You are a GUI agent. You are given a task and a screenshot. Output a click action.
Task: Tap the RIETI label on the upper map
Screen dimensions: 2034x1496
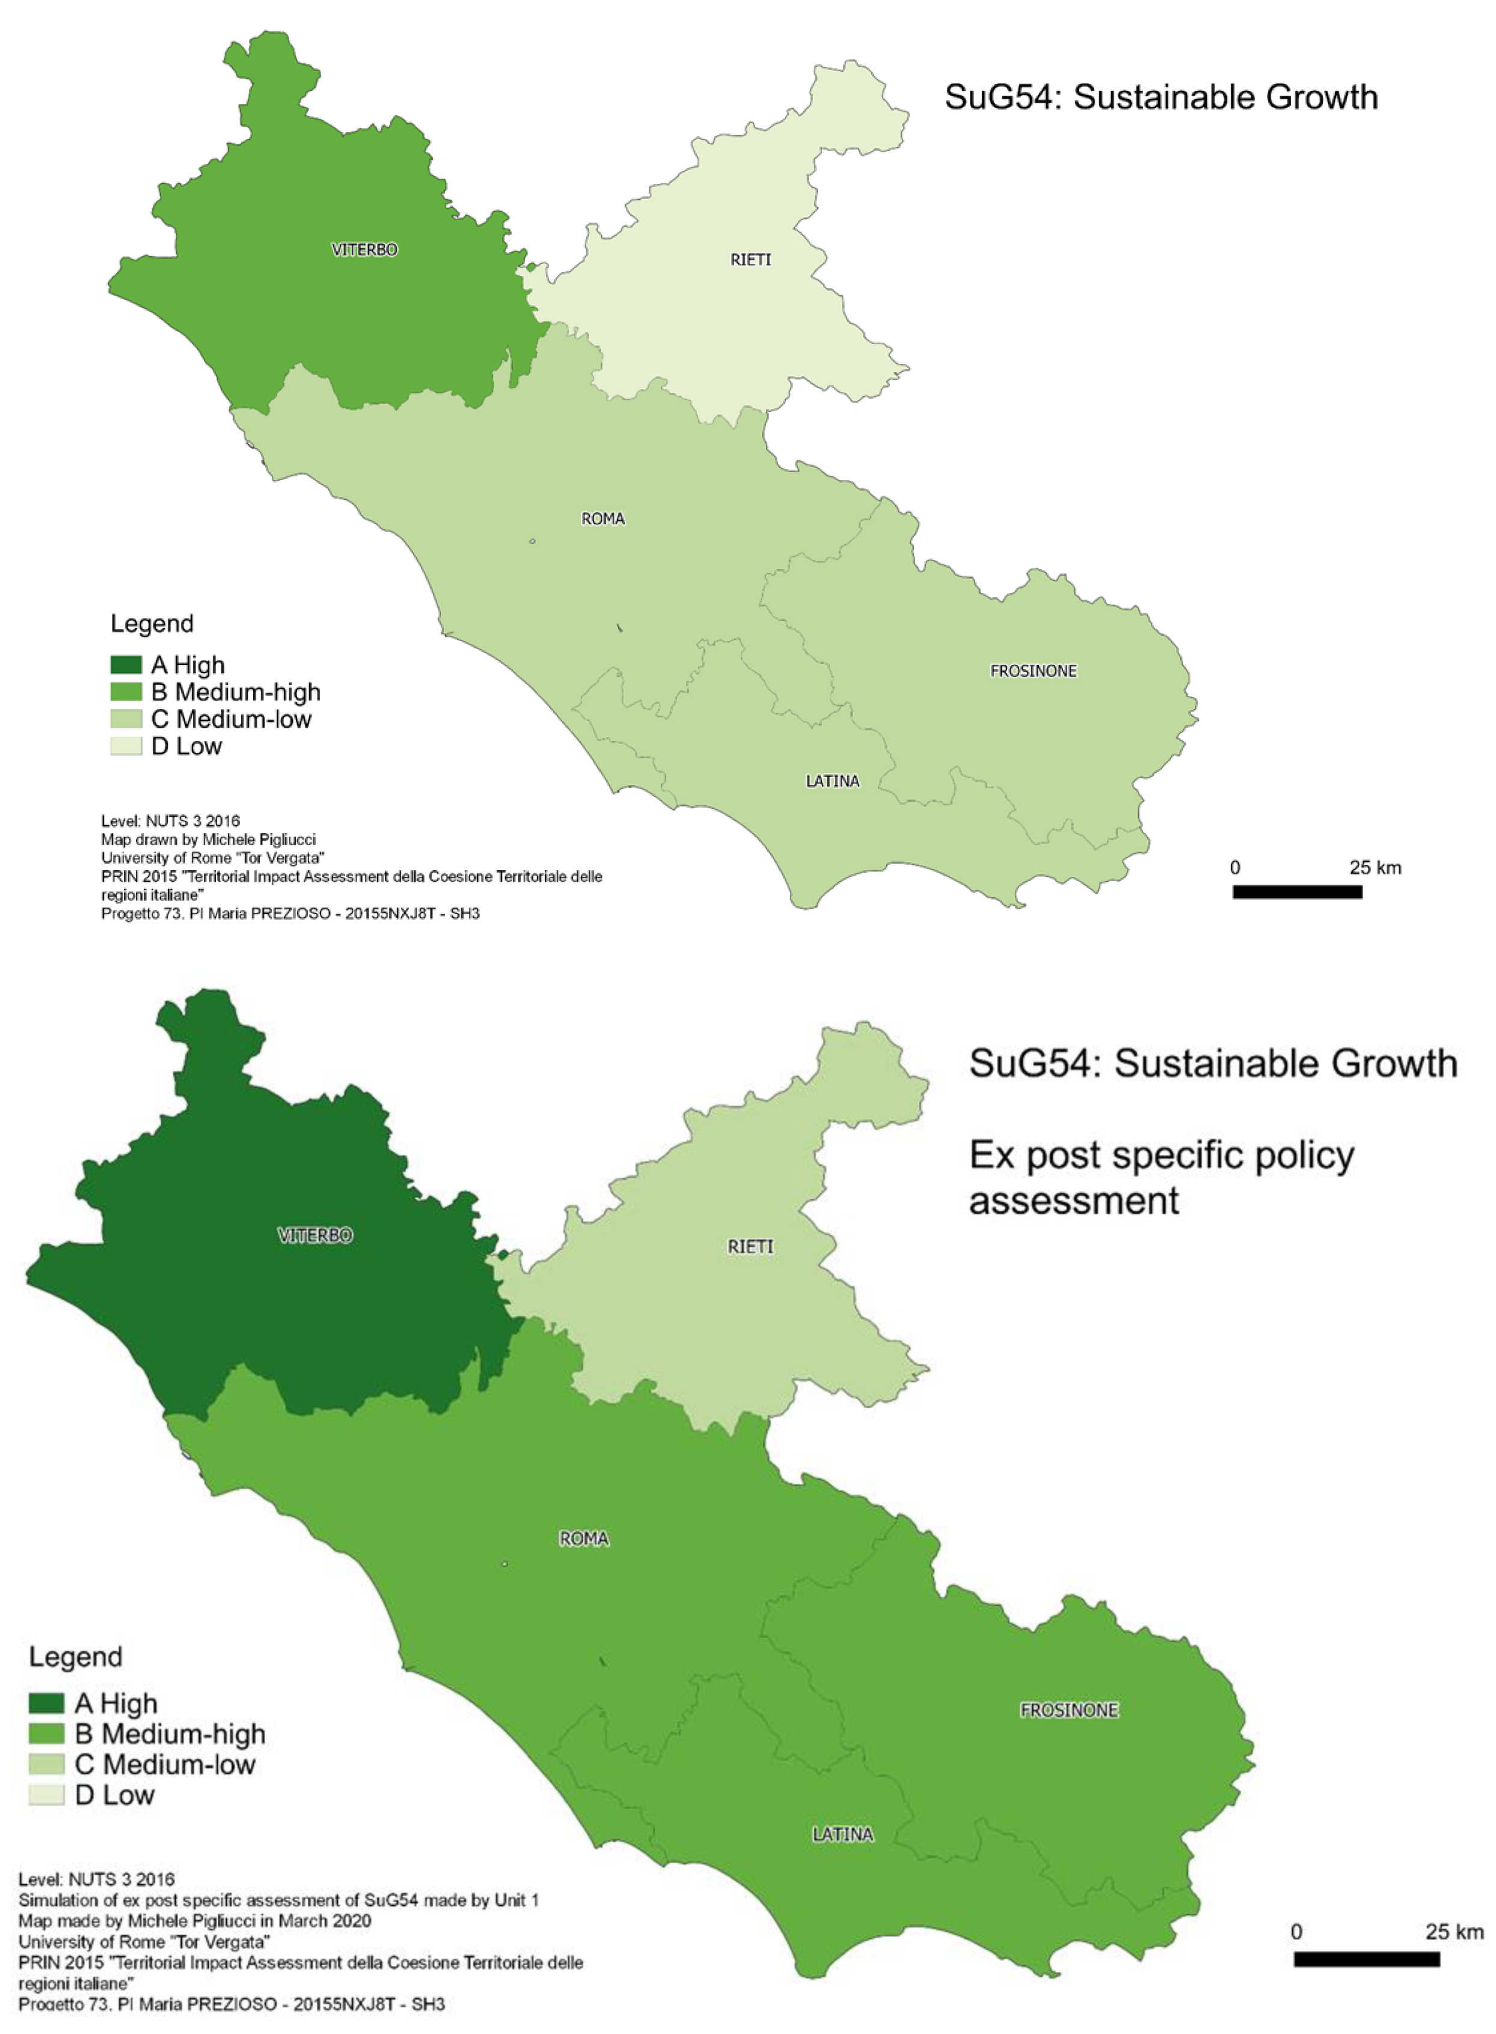[751, 260]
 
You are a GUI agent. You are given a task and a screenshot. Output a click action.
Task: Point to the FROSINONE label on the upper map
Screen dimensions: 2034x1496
[1033, 671]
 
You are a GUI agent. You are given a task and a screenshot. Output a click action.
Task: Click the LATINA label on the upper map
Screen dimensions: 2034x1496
[832, 781]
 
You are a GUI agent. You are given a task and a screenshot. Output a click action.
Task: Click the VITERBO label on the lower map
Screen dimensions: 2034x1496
[314, 1235]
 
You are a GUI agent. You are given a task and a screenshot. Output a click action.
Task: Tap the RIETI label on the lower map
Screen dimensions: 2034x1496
[751, 1247]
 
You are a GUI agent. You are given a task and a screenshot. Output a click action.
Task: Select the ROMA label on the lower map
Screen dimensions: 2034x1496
[584, 1538]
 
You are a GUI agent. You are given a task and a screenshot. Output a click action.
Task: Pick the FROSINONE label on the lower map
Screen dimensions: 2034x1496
[1070, 1710]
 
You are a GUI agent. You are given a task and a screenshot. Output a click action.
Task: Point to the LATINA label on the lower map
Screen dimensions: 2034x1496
[842, 1834]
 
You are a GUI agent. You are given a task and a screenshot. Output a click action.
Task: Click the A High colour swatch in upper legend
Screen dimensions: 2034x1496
[126, 665]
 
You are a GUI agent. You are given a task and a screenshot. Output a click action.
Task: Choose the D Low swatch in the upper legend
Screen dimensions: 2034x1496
[126, 746]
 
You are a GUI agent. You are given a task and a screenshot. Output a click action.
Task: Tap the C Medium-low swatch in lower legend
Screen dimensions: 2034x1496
[46, 1764]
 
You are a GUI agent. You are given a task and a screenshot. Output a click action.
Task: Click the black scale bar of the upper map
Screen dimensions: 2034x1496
[1297, 892]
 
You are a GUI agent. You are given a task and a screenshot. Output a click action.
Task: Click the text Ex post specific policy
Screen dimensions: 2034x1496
[1161, 1155]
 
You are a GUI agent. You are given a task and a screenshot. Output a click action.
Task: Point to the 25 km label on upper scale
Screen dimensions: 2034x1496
[1375, 868]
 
